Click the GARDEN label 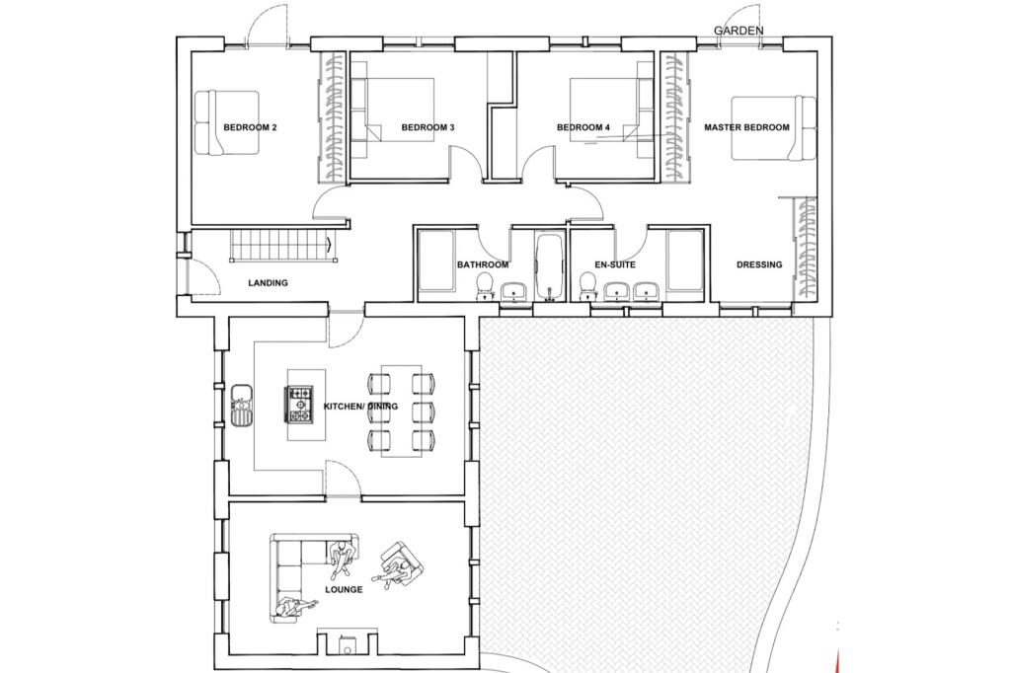pos(739,31)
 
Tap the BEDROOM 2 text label pos(250,127)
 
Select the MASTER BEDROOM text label pos(746,127)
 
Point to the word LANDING pos(268,283)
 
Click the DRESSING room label pos(759,264)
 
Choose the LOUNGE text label pos(344,589)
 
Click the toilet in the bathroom pos(485,286)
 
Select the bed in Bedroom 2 pos(226,122)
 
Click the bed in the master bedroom pos(773,127)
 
